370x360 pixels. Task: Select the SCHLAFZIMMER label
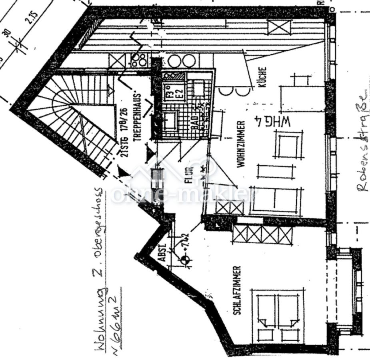[236, 290]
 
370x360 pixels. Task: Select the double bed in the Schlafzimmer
[278, 316]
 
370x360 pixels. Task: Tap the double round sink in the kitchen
[182, 61]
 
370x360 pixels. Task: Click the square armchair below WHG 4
[288, 146]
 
